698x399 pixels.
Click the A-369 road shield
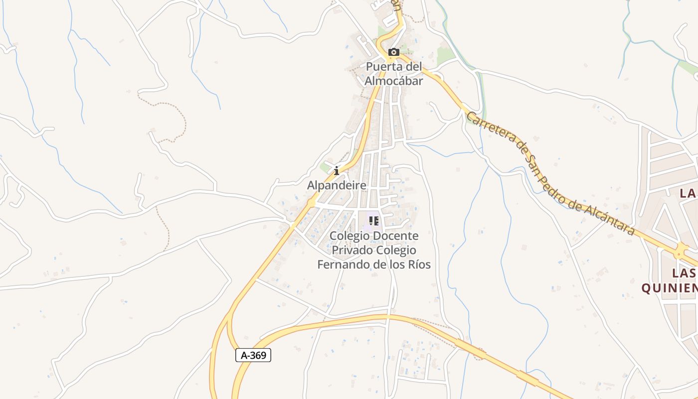pyautogui.click(x=253, y=355)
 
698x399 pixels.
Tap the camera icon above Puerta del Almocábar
pyautogui.click(x=394, y=52)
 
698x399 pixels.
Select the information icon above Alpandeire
pyautogui.click(x=337, y=171)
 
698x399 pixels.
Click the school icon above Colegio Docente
pyautogui.click(x=374, y=220)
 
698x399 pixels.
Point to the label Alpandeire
pyautogui.click(x=337, y=186)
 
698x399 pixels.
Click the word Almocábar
pyautogui.click(x=394, y=81)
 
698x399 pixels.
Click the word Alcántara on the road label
pyautogui.click(x=610, y=218)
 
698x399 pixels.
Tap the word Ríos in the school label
pyautogui.click(x=419, y=264)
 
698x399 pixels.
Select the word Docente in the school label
pyautogui.click(x=396, y=235)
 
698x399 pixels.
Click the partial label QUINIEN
pyautogui.click(x=669, y=288)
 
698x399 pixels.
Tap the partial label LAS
pyautogui.click(x=684, y=273)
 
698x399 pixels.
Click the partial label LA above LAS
pyautogui.click(x=689, y=193)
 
